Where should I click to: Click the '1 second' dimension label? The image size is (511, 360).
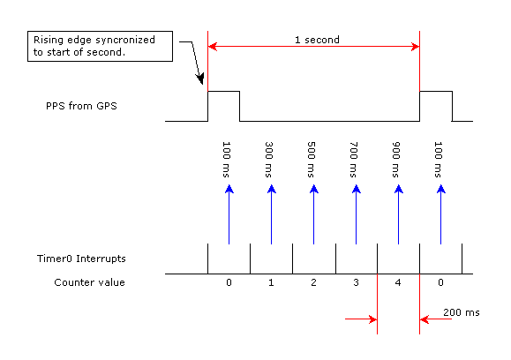[317, 40]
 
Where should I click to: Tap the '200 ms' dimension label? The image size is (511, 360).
[462, 312]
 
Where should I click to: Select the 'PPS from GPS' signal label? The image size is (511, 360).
[81, 106]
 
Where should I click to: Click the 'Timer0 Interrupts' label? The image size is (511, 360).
[81, 259]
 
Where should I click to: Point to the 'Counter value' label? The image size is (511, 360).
[90, 282]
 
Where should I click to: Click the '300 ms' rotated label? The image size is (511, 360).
[269, 160]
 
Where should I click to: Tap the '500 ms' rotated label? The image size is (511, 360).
[312, 160]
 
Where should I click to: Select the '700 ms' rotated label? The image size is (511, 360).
[354, 160]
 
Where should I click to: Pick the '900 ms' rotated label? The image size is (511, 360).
[396, 160]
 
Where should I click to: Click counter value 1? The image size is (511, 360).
[271, 282]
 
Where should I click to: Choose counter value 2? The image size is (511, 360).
[313, 282]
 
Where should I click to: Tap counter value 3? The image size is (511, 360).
[356, 282]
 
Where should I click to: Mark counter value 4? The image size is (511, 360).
[398, 282]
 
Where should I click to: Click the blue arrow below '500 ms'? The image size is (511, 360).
[314, 214]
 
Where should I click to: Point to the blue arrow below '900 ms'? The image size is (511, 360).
[399, 214]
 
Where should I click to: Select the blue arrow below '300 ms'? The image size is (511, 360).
[272, 214]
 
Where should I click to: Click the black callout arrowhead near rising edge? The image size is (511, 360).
[200, 79]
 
